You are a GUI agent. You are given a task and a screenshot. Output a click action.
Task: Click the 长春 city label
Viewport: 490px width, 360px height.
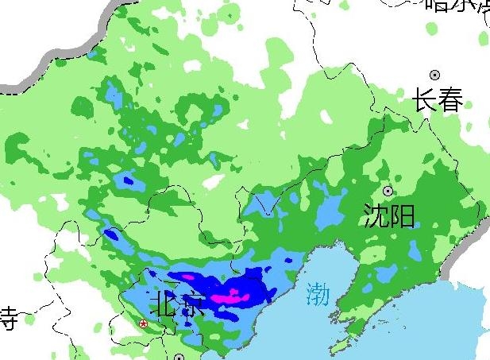(x=438, y=101)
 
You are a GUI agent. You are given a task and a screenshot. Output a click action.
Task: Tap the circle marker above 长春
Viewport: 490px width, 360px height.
(x=435, y=74)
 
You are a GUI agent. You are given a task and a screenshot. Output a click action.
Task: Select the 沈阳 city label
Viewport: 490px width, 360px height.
(x=389, y=215)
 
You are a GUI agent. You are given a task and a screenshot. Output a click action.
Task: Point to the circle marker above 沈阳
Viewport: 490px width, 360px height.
(x=388, y=191)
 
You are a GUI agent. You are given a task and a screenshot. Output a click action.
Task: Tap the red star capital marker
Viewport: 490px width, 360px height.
(x=143, y=323)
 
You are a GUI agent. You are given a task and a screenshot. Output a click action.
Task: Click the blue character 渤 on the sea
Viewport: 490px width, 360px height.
(x=317, y=293)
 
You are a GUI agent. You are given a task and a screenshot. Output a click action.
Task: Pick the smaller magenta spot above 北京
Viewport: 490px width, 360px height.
(x=188, y=277)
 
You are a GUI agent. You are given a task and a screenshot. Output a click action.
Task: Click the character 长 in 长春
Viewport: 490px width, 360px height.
(x=425, y=101)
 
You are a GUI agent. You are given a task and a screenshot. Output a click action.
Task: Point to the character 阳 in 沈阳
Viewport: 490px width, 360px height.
(x=403, y=215)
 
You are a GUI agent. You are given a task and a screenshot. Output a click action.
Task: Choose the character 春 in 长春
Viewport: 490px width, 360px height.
(x=450, y=101)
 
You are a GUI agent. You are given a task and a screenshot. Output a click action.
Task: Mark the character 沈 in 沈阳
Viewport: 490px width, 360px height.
(x=376, y=215)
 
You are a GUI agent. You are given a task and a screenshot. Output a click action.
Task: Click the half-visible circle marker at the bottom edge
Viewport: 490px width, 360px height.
(x=179, y=357)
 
